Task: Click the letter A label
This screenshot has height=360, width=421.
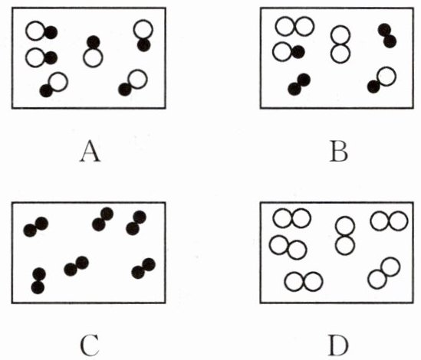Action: click(x=90, y=152)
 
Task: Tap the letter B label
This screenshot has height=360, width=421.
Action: click(x=339, y=152)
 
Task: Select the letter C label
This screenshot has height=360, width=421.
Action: click(x=90, y=345)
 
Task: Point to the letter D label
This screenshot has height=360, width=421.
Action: click(x=338, y=345)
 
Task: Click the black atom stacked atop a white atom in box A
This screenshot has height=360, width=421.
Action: click(x=94, y=42)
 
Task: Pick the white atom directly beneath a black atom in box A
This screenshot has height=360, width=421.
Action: click(x=93, y=57)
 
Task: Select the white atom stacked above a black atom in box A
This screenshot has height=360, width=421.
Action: click(x=143, y=29)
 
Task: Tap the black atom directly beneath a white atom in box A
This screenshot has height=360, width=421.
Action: click(x=144, y=45)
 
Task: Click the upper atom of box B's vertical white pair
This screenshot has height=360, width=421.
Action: click(x=340, y=35)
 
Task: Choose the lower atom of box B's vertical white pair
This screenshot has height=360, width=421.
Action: click(x=340, y=54)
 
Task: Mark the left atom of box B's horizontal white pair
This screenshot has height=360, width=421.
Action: click(x=285, y=26)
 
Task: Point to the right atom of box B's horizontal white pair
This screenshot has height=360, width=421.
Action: click(x=304, y=26)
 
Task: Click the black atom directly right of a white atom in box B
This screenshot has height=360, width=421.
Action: click(x=298, y=52)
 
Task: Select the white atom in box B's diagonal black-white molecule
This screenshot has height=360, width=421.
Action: click(x=386, y=77)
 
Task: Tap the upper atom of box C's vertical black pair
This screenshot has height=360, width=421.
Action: click(x=39, y=274)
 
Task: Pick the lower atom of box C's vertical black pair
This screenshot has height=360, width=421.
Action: click(x=38, y=287)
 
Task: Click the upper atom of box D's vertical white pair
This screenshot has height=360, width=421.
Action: click(x=345, y=226)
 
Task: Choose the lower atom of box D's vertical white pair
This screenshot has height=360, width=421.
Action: click(x=345, y=245)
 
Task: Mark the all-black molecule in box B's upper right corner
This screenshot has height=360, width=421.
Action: click(x=387, y=36)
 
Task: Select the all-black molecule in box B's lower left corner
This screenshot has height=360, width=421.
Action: click(x=299, y=84)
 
